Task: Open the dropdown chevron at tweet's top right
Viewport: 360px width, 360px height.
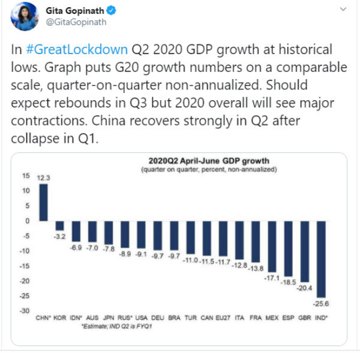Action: pyautogui.click(x=342, y=10)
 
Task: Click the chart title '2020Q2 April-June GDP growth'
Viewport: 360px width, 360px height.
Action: pyautogui.click(x=209, y=161)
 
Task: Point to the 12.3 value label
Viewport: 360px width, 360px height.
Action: pyautogui.click(x=44, y=178)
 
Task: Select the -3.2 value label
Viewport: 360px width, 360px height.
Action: pyautogui.click(x=60, y=237)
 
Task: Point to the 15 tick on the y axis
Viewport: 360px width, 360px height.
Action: pyautogui.click(x=26, y=176)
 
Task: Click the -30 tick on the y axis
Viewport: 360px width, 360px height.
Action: pyautogui.click(x=25, y=311)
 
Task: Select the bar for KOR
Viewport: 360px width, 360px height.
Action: pyautogui.click(x=60, y=226)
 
